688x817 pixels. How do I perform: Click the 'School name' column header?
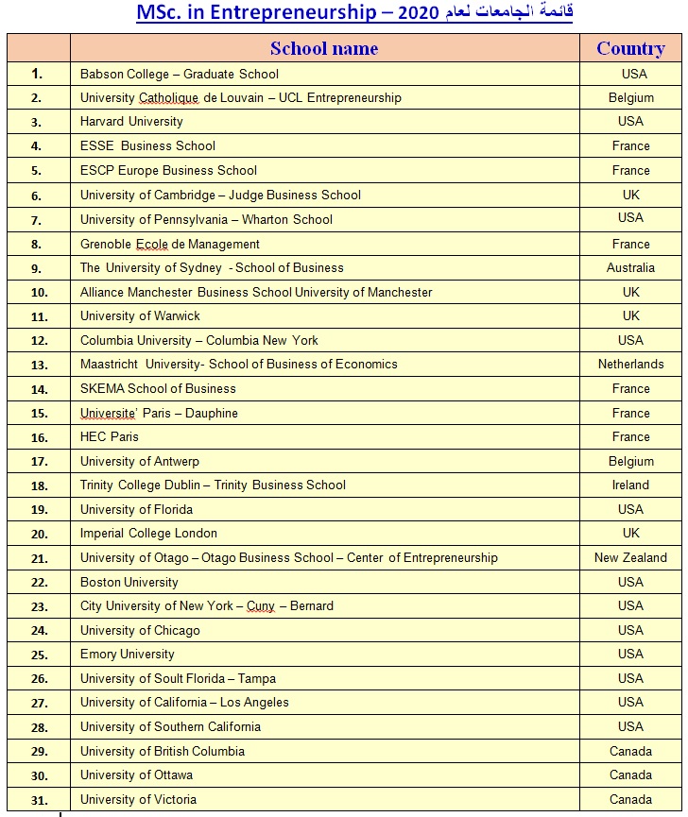coord(324,48)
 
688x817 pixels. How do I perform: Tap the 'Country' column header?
coord(630,48)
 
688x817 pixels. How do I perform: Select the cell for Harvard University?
coord(131,122)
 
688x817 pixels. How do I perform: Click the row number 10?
coord(39,293)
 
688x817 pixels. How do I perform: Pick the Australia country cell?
coord(630,268)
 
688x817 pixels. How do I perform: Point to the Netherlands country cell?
coord(630,365)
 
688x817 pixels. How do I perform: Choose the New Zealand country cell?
coord(630,558)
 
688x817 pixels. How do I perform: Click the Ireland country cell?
coord(630,485)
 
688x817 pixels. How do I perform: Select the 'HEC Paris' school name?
coord(110,437)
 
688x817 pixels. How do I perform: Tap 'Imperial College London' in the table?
coord(148,534)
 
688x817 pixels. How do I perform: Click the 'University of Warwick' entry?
coord(140,316)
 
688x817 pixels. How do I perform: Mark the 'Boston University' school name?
coord(129,583)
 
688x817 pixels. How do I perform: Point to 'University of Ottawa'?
coord(136,775)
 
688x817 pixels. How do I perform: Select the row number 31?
coord(39,800)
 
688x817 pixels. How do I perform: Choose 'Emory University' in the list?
coord(128,655)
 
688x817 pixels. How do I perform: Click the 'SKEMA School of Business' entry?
coord(158,389)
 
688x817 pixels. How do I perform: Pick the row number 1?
coord(37,74)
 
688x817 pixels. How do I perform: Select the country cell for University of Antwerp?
coord(630,462)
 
